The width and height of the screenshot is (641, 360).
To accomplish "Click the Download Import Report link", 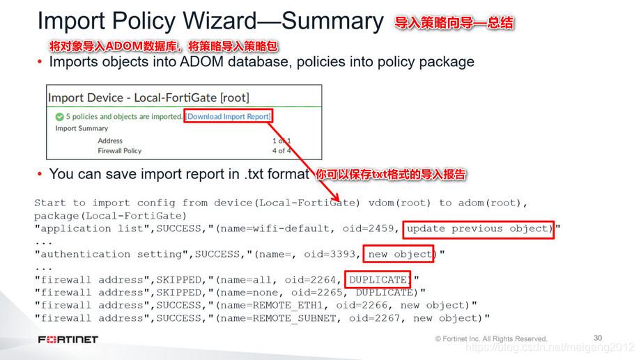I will tap(229, 116).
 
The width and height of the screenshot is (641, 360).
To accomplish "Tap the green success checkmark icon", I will tap(59, 116).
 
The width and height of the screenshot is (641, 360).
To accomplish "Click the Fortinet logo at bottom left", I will tap(68, 339).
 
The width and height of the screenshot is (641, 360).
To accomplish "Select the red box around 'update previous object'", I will tap(479, 228).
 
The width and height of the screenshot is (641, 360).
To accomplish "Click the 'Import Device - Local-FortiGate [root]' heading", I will tap(148, 97).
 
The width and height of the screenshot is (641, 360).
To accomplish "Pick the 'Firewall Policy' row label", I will tap(119, 150).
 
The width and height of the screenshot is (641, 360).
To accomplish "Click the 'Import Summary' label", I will tap(82, 128).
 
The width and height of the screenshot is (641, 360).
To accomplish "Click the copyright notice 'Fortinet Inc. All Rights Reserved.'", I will tap(495, 338).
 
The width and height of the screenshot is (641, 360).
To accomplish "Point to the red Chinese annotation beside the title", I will tap(454, 23).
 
